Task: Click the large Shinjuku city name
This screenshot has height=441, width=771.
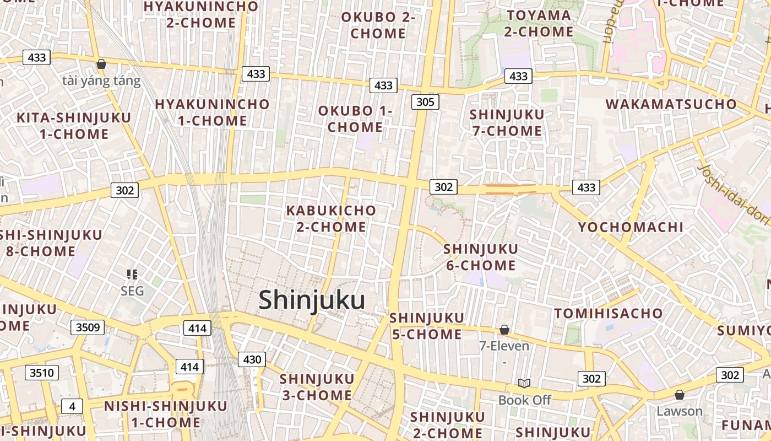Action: pyautogui.click(x=312, y=301)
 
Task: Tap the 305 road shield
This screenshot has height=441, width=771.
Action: pyautogui.click(x=425, y=101)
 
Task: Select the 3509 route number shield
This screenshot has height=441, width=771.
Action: pyautogui.click(x=88, y=327)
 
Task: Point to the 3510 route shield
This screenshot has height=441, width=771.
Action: pyautogui.click(x=42, y=373)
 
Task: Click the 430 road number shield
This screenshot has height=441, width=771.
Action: pyautogui.click(x=252, y=359)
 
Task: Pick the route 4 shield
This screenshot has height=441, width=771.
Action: pyautogui.click(x=72, y=406)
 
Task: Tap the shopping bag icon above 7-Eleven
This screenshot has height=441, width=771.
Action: pyautogui.click(x=504, y=330)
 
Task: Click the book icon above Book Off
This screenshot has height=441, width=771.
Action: pyautogui.click(x=524, y=383)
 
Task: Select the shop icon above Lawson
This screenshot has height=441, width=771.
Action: pyautogui.click(x=680, y=395)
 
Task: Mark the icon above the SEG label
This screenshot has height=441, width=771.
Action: pyautogui.click(x=132, y=274)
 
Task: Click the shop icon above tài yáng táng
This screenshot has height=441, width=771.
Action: pyautogui.click(x=101, y=64)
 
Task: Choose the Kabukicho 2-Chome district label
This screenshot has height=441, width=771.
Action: pyautogui.click(x=331, y=218)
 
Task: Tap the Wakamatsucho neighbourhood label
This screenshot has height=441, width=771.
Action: pyautogui.click(x=671, y=104)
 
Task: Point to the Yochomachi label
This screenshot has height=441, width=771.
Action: pyautogui.click(x=631, y=227)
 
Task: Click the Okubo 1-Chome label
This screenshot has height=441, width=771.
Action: pyautogui.click(x=355, y=119)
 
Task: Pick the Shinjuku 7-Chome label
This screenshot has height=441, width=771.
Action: pyautogui.click(x=507, y=122)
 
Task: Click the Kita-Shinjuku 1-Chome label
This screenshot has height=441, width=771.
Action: pyautogui.click(x=74, y=126)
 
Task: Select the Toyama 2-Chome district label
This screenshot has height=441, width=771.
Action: pyautogui.click(x=539, y=23)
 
